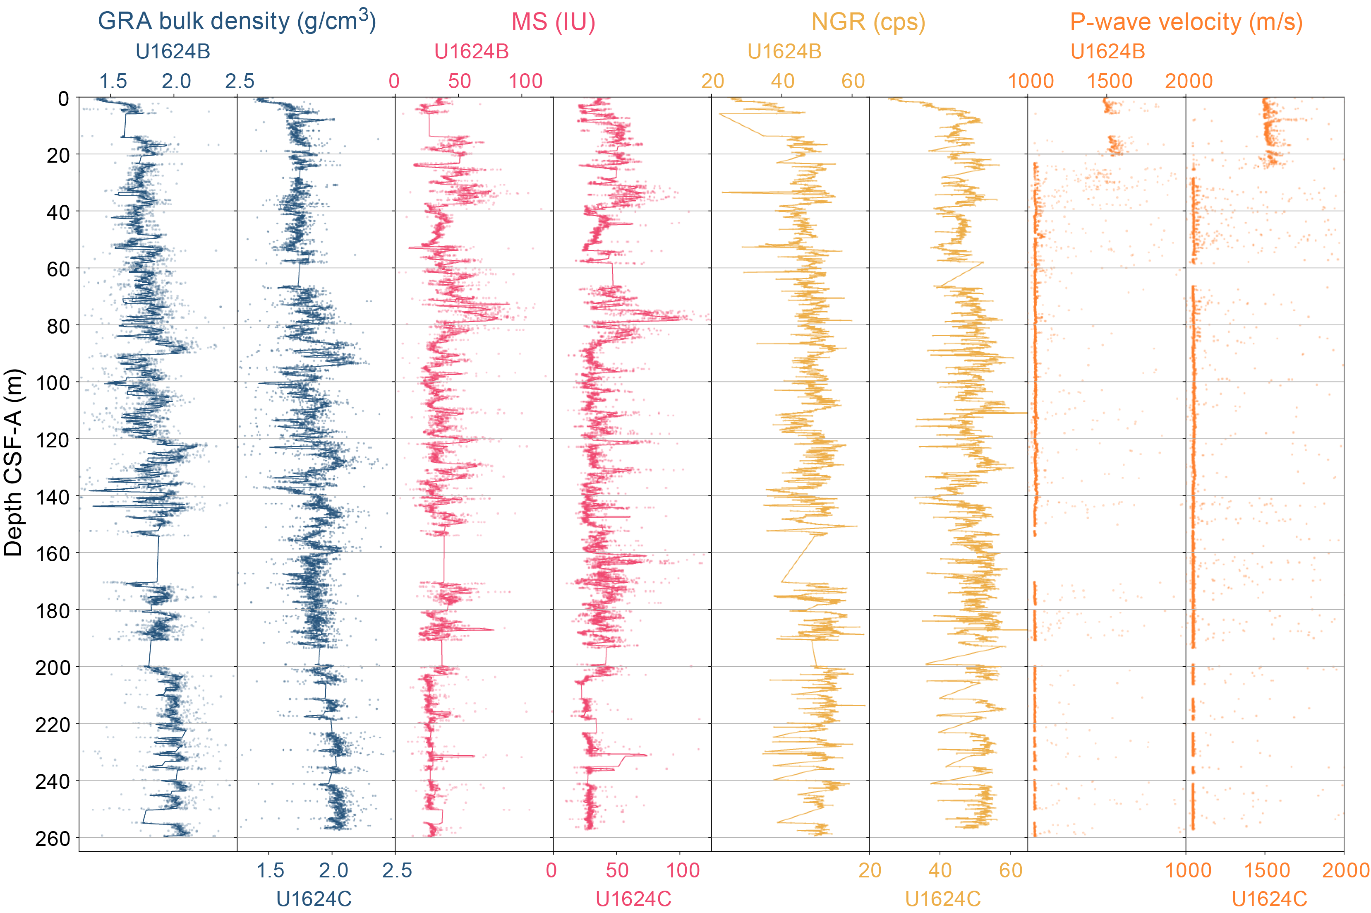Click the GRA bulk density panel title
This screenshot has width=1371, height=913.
237,21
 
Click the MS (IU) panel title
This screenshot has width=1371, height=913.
553,22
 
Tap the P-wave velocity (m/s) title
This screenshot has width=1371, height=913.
1186,22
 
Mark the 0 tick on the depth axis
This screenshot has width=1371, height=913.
63,99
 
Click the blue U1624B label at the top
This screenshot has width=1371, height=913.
173,52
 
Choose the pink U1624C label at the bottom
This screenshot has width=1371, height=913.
633,899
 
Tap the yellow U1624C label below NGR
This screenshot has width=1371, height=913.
943,899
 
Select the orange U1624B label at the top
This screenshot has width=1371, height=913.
1107,52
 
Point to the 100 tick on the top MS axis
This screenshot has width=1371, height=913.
525,82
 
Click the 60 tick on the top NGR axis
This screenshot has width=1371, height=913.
853,82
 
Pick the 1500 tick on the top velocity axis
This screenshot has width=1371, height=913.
1110,82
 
